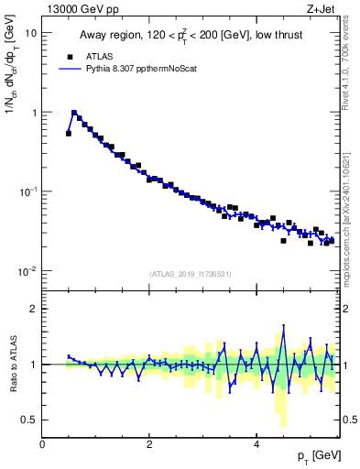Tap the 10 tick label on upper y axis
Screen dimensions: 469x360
[x=31, y=33]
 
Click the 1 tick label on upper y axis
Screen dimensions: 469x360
[x=34, y=113]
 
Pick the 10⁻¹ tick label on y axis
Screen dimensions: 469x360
[x=28, y=191]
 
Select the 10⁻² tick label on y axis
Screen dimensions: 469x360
[x=28, y=271]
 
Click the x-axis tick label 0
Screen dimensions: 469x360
[x=42, y=444]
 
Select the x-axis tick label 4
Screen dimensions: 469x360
[x=256, y=444]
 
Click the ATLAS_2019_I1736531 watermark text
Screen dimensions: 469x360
[x=191, y=274]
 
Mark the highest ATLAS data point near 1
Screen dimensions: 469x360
[x=74, y=114]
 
